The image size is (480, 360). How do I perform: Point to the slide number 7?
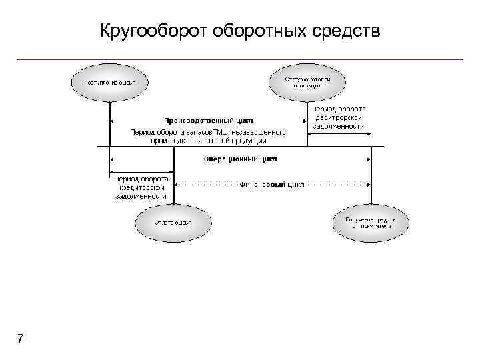coord(21,339)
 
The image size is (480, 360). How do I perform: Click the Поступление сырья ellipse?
coord(109,83)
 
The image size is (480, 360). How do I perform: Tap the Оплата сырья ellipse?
coord(173,222)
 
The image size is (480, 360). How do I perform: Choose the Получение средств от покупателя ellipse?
coord(371,222)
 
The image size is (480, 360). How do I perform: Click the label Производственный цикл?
coord(200,121)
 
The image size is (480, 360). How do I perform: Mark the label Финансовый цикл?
coord(272,184)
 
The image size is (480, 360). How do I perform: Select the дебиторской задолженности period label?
coord(339,117)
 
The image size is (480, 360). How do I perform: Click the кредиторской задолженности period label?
coord(141,188)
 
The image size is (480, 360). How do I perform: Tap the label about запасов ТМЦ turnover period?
coord(208,136)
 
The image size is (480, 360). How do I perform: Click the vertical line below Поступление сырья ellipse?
coord(109,123)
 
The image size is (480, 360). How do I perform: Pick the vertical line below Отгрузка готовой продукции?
coord(307,123)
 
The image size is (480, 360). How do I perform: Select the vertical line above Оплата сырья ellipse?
coord(173,177)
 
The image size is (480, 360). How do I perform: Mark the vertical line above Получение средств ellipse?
coord(371,177)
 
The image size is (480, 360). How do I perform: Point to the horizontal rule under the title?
coord(240,59)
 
